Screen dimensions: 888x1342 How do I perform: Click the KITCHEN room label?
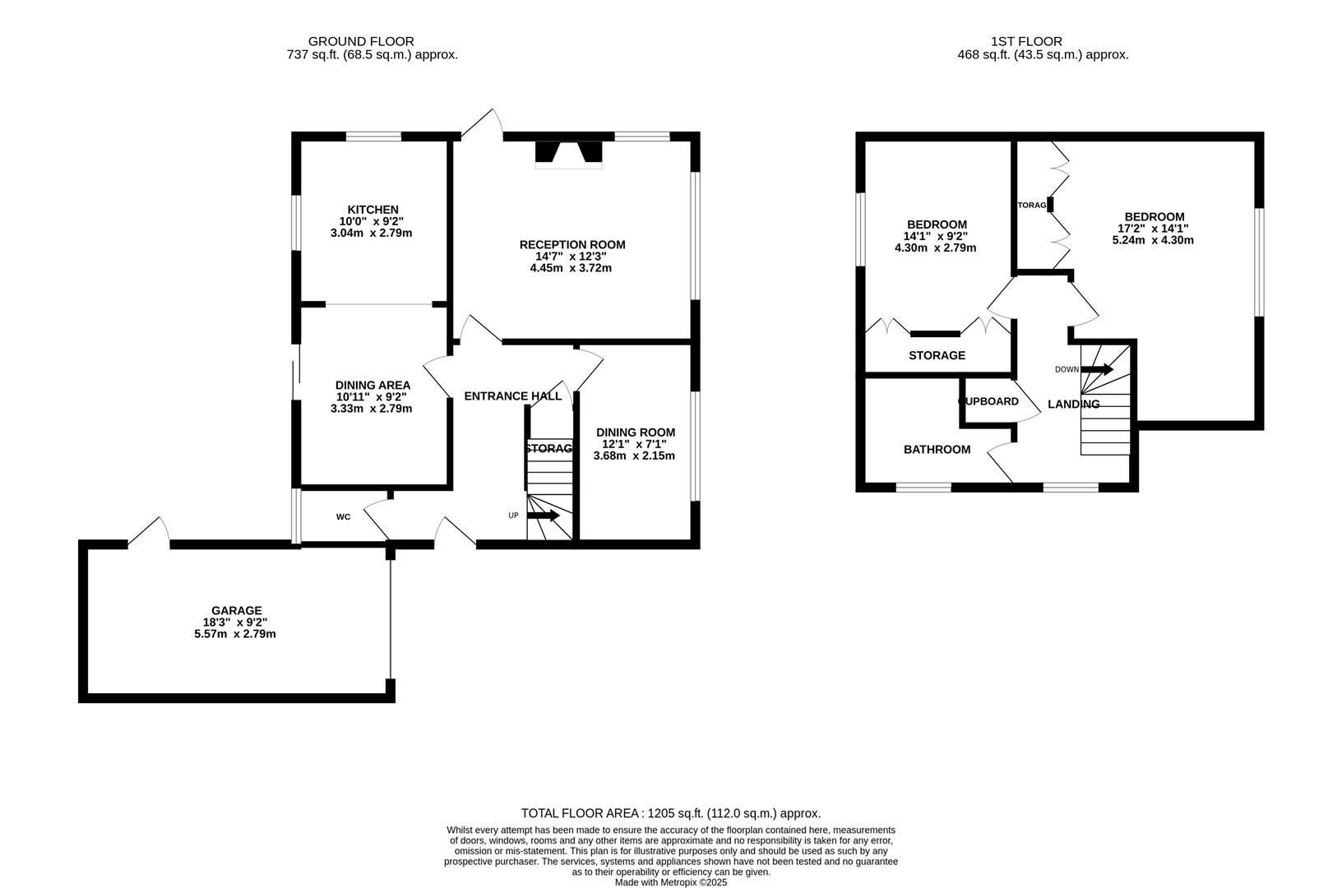373,210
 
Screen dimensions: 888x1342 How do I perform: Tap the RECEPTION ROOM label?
572,244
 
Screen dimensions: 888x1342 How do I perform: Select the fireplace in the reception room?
568,154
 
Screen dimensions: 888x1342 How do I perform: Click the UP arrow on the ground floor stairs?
543,516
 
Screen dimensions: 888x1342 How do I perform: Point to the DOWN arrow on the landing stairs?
1097,369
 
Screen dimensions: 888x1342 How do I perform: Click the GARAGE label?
237,610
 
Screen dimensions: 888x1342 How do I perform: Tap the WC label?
343,517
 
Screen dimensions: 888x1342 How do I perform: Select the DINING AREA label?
373,385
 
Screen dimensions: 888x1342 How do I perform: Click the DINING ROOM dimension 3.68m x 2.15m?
634,456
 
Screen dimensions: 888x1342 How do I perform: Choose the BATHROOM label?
937,450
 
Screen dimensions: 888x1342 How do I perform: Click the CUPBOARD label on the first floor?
989,401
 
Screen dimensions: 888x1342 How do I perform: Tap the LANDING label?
1073,405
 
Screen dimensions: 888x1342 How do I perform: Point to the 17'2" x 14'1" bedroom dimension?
1152,229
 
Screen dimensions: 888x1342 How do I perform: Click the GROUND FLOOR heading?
361,41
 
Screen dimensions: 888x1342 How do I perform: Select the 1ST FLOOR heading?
1026,41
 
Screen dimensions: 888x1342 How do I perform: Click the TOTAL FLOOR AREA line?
671,813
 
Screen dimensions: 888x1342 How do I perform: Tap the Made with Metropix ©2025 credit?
671,882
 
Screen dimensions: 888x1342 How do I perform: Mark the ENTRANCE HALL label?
513,396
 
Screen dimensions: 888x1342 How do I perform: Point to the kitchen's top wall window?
373,136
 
